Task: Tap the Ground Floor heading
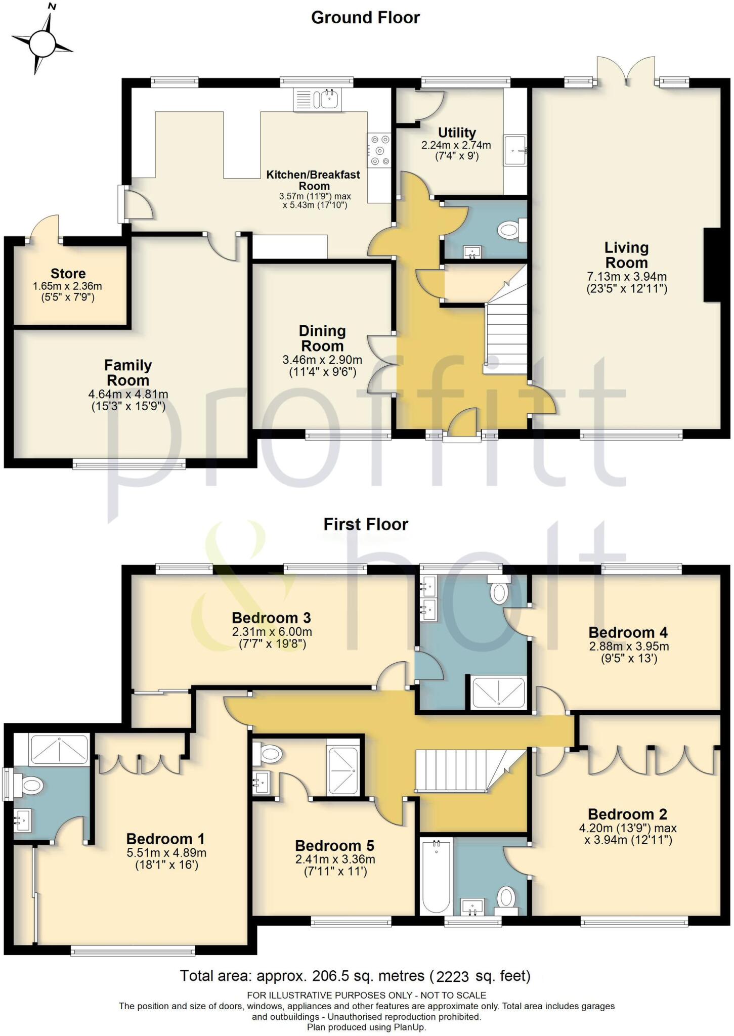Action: [x=365, y=18]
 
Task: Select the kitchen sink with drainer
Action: [x=317, y=99]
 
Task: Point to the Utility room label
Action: [x=456, y=133]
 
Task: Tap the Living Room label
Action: [x=626, y=255]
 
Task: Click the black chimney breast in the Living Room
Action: [x=712, y=265]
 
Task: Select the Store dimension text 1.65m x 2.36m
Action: [x=67, y=286]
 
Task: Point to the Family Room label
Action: [x=128, y=372]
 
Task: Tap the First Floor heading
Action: [x=365, y=525]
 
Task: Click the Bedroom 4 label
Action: [x=628, y=632]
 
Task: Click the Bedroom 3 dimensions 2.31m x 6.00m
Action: [x=272, y=632]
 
